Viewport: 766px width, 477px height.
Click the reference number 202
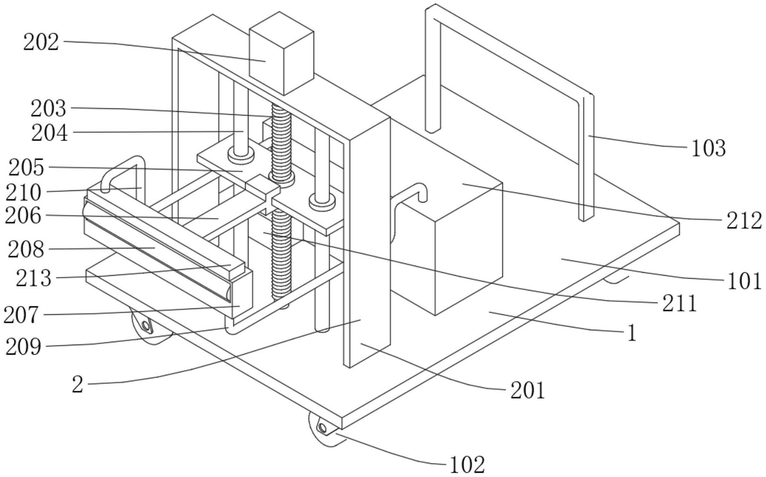(x=41, y=43)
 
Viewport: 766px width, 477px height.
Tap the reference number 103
(x=708, y=149)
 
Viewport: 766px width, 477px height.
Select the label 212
(x=744, y=221)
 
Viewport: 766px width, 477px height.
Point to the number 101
(x=744, y=281)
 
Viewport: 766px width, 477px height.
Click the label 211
(x=679, y=303)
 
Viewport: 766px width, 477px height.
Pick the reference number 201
(x=527, y=390)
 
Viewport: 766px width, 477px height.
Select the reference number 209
(x=24, y=348)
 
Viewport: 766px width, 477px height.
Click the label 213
(x=34, y=278)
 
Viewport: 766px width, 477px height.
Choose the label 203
(x=48, y=109)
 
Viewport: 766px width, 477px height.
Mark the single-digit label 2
(x=78, y=384)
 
